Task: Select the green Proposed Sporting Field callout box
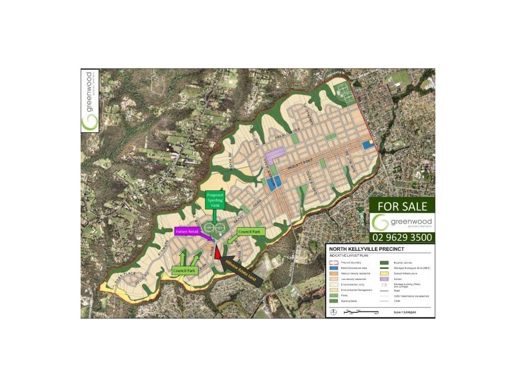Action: click(215, 200)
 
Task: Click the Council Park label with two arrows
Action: click(184, 271)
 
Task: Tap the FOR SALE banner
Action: click(402, 206)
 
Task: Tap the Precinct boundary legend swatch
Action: click(333, 263)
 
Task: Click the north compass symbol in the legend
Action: click(333, 313)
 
